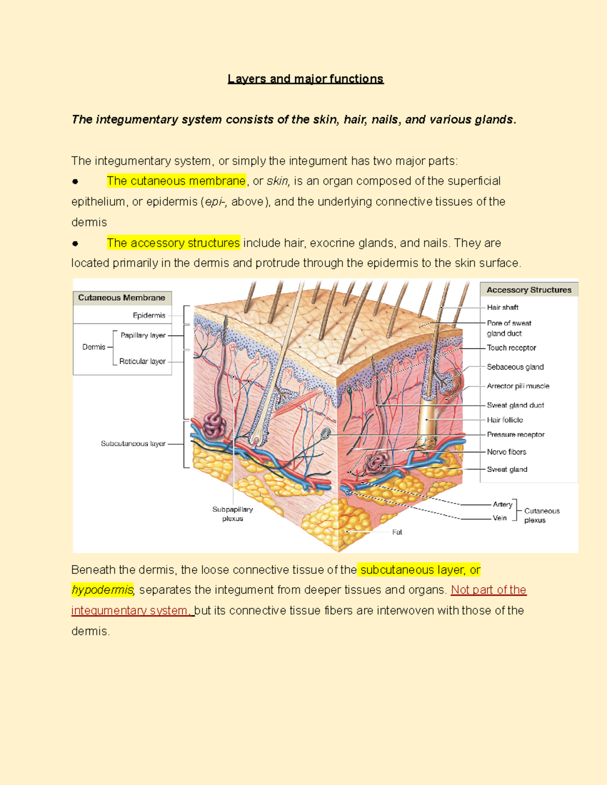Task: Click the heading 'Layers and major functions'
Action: (x=306, y=79)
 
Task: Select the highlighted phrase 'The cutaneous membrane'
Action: (x=177, y=180)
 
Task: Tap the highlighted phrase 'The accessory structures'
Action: (x=174, y=243)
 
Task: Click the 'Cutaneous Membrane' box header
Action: (x=122, y=298)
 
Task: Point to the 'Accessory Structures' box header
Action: (x=529, y=290)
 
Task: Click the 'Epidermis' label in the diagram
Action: (x=149, y=315)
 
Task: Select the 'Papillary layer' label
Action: (x=143, y=335)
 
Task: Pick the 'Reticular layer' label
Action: (x=143, y=361)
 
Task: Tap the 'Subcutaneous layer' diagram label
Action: (x=133, y=444)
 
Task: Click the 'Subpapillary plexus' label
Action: (x=233, y=514)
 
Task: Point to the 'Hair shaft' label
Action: (x=502, y=307)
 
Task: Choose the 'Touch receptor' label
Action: (x=511, y=348)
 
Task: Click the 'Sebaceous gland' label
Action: (x=515, y=367)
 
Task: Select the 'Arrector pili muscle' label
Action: (x=518, y=386)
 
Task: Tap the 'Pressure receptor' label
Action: (x=515, y=435)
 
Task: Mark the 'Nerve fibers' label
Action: (x=506, y=452)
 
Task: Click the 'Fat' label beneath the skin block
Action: (x=397, y=532)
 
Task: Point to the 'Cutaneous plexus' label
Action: (x=542, y=516)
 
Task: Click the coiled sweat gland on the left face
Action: (x=214, y=426)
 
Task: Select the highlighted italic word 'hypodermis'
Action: (x=103, y=590)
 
